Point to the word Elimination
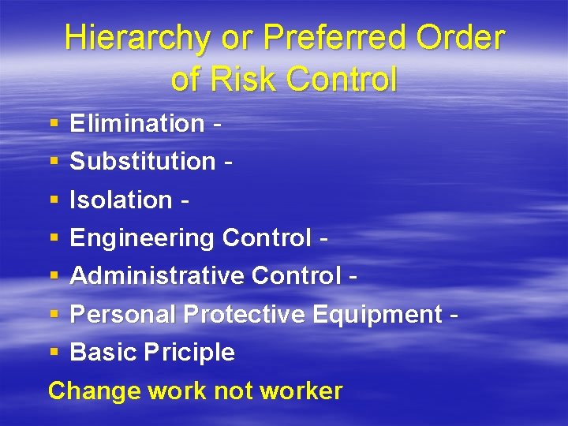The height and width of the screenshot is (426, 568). tap(137, 123)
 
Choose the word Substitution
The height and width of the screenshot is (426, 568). tap(143, 161)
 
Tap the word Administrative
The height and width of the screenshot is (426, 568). tap(156, 275)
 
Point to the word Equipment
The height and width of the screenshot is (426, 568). tap(377, 314)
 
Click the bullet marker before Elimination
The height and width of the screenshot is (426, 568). tap(54, 124)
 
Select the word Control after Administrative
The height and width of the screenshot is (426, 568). tap(295, 275)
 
